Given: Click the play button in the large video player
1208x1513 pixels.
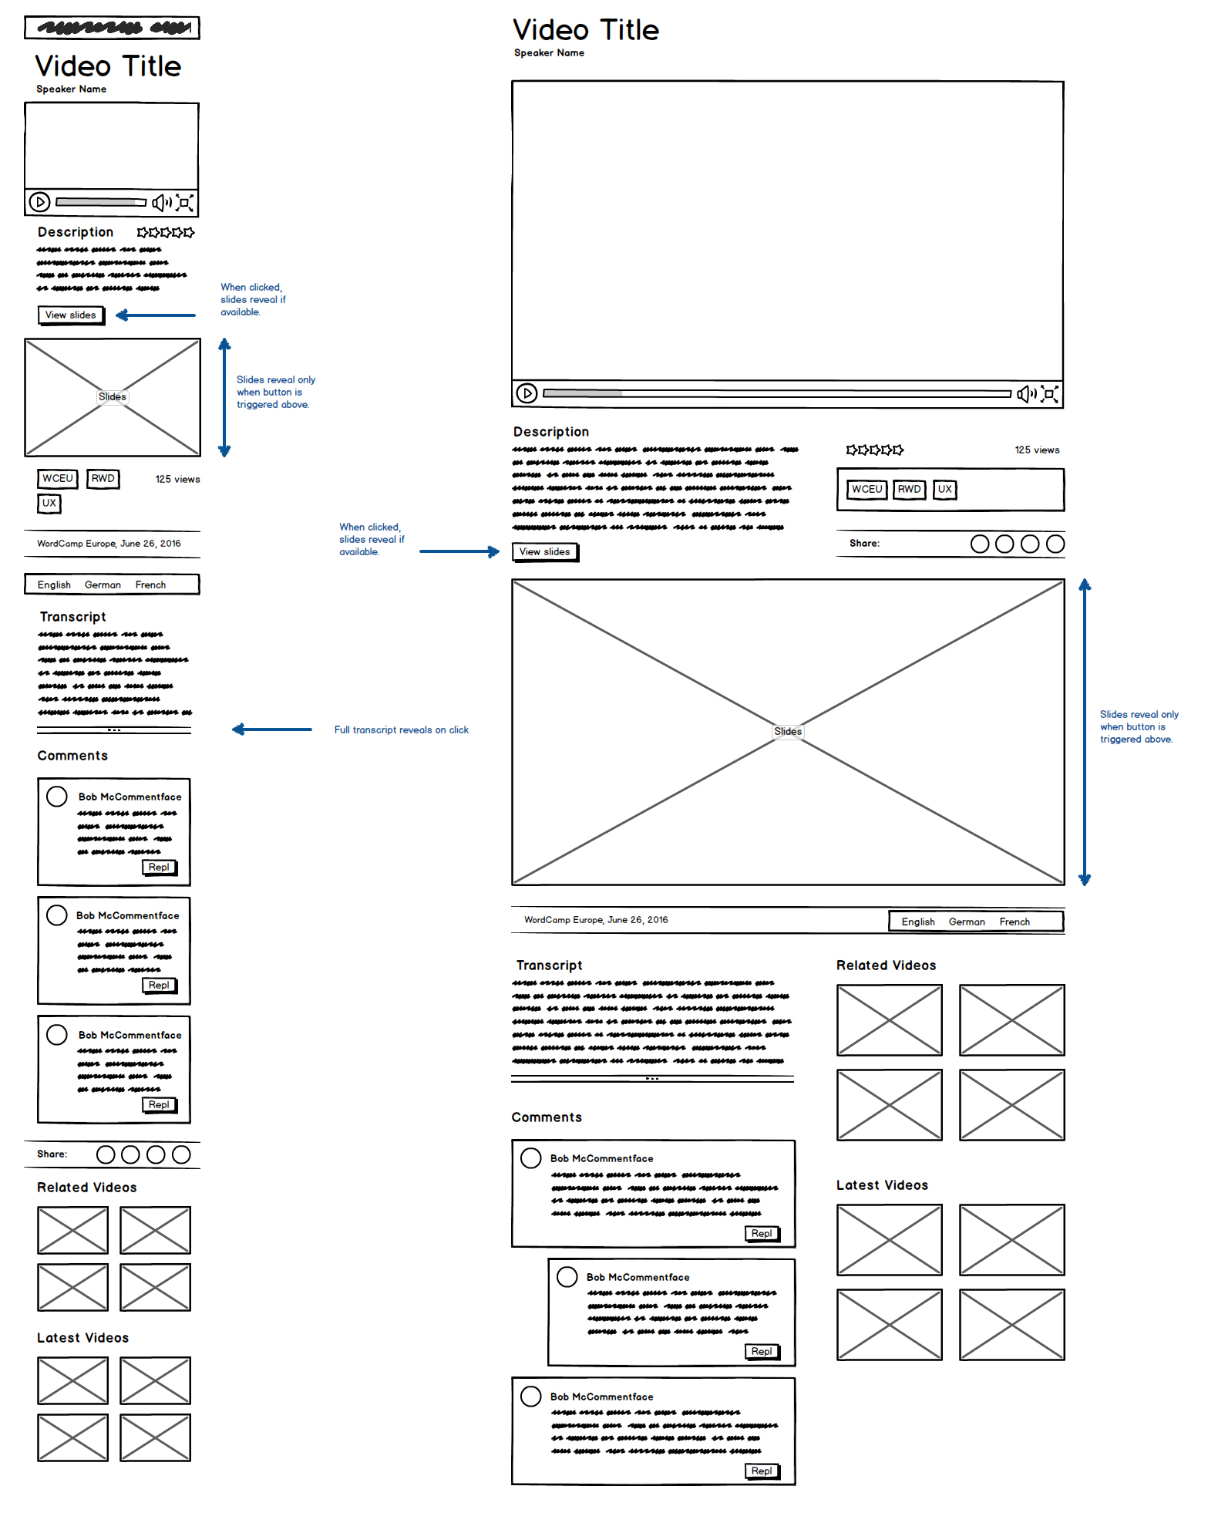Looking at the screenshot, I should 527,393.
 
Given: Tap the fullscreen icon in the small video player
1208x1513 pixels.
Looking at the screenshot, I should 184,203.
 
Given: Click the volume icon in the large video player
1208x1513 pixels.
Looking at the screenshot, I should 1025,394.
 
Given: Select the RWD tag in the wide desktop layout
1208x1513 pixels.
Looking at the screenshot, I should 909,489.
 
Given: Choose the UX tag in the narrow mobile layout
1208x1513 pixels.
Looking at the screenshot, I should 49,503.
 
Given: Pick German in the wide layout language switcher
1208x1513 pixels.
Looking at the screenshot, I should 967,922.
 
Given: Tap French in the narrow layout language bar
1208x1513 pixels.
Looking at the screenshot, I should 150,585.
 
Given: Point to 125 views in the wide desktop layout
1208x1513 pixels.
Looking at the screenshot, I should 1037,450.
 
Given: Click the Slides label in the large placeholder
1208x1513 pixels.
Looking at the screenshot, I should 788,731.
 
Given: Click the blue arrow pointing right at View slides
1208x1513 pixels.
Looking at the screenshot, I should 459,551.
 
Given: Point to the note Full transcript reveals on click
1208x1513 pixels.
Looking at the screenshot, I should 401,730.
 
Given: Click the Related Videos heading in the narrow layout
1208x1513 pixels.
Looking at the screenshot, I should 87,1188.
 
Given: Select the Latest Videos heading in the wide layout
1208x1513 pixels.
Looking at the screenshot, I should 882,1185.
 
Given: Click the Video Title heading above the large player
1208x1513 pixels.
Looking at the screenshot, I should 586,30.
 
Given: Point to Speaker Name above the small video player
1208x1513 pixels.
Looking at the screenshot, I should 71,89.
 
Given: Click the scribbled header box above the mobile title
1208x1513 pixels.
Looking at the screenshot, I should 113,28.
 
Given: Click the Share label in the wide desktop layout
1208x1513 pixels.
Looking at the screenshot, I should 864,543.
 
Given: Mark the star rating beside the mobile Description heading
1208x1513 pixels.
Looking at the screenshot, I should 166,232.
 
